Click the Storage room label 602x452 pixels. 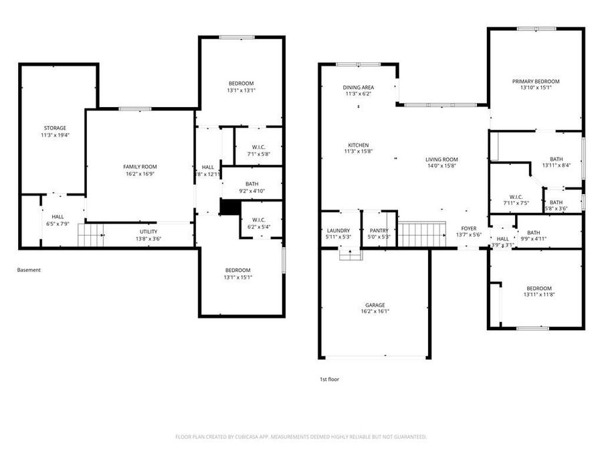[55, 128]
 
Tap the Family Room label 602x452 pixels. [140, 166]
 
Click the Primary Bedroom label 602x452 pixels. [536, 82]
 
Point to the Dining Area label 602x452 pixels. [359, 88]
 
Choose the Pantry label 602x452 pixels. [379, 230]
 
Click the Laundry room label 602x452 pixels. [339, 230]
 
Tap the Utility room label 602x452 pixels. [148, 232]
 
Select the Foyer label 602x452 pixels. [468, 229]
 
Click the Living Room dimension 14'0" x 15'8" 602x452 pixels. [446, 166]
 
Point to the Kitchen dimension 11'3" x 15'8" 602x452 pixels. [358, 152]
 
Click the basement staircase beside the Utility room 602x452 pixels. [92, 236]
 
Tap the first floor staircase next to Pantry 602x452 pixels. [421, 235]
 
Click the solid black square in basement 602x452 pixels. [229, 208]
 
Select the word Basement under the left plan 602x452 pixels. [29, 271]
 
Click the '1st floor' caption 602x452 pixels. [329, 380]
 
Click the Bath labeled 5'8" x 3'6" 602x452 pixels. [556, 206]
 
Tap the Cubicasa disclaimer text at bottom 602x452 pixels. [301, 437]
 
